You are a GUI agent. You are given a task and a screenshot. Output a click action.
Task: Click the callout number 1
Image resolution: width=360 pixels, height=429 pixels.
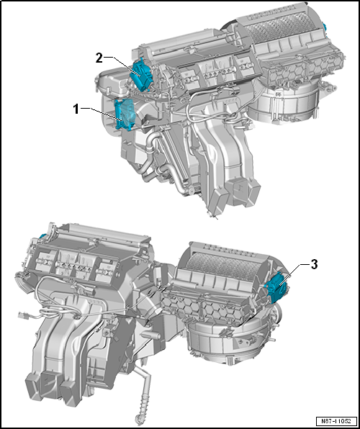76,109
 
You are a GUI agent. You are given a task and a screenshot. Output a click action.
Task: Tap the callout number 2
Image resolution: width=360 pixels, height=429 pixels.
99,58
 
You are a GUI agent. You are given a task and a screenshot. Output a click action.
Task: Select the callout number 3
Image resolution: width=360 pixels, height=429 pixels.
314,265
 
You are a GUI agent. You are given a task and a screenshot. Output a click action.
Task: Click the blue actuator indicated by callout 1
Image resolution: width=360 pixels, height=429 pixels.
125,114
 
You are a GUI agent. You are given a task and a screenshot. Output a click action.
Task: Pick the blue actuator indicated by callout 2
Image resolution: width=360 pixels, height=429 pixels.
142,74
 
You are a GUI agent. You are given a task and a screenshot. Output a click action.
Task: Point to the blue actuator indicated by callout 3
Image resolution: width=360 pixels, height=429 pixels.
277,287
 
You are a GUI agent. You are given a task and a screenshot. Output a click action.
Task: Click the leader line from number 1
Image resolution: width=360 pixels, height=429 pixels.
102,114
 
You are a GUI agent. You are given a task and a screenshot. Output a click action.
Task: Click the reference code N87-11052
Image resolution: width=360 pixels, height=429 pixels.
337,420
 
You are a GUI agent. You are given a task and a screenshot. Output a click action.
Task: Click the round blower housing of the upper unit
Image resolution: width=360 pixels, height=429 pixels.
284,103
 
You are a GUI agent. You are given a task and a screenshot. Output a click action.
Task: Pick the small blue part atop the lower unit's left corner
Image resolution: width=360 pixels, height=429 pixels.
42,235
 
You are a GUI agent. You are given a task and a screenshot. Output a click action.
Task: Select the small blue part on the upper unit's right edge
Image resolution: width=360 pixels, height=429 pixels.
325,27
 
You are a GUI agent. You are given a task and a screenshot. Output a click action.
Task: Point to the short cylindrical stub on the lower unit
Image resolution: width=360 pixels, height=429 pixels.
150,336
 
